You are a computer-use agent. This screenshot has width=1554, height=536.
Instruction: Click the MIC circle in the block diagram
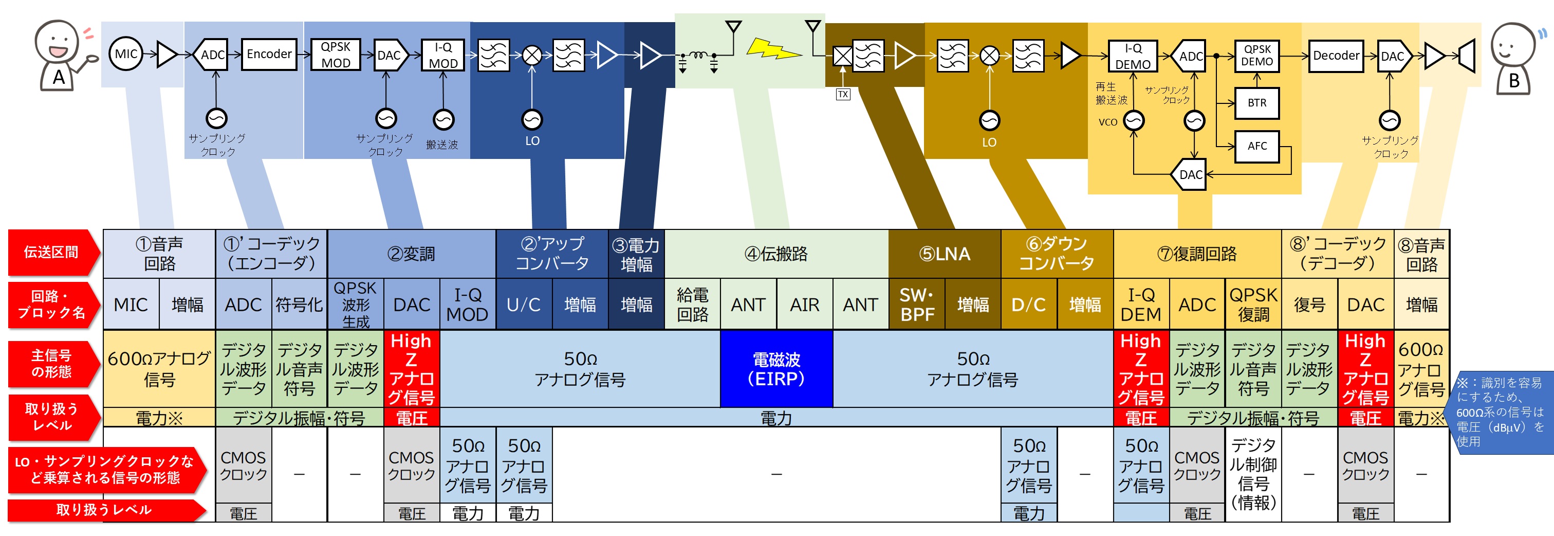pyautogui.click(x=125, y=55)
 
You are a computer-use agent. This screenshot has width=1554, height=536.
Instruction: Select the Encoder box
pyautogui.click(x=269, y=55)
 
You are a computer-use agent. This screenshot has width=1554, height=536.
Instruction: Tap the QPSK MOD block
pyautogui.click(x=336, y=55)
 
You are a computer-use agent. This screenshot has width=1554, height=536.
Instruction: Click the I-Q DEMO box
pyautogui.click(x=1133, y=57)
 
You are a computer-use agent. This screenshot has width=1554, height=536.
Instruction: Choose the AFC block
pyautogui.click(x=1256, y=146)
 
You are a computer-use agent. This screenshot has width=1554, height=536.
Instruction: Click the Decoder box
pyautogui.click(x=1336, y=56)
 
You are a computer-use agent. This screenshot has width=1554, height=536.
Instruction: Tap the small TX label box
pyautogui.click(x=843, y=95)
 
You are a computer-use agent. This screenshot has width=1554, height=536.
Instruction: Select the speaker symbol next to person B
pyautogui.click(x=1467, y=57)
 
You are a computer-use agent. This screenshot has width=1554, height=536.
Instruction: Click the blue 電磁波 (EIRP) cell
pyautogui.click(x=776, y=369)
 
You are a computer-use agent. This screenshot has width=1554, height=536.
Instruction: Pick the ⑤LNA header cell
pyautogui.click(x=944, y=254)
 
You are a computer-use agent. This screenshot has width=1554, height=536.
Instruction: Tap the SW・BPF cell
pyautogui.click(x=916, y=304)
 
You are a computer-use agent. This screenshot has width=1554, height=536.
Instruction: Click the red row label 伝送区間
pyautogui.click(x=51, y=252)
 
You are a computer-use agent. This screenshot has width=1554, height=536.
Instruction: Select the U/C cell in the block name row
pyautogui.click(x=523, y=304)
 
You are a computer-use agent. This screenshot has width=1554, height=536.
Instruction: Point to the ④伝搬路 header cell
pyautogui.click(x=776, y=254)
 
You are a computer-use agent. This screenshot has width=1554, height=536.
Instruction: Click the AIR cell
pyautogui.click(x=804, y=304)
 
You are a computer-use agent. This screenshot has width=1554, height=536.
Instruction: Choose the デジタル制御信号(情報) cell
pyautogui.click(x=1253, y=474)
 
